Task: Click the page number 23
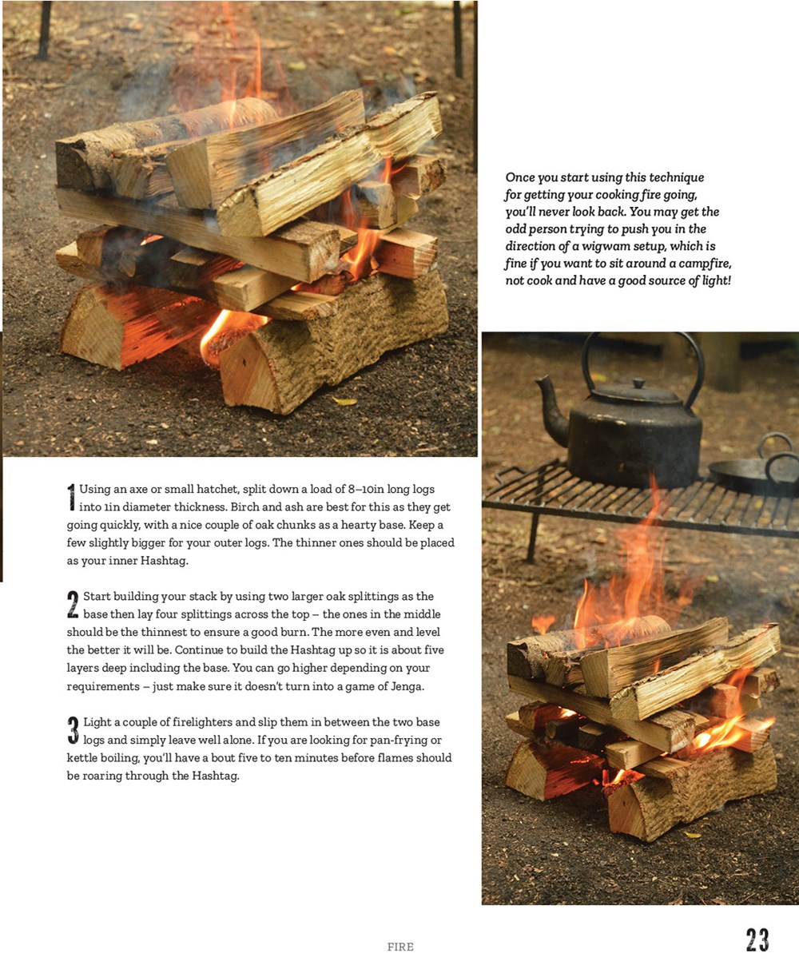tap(757, 939)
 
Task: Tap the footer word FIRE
tap(400, 947)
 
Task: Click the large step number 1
tap(71, 498)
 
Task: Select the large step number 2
tap(73, 605)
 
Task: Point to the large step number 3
tap(73, 731)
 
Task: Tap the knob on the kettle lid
tap(638, 383)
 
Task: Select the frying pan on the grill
tap(753, 473)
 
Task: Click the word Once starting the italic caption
tap(518, 177)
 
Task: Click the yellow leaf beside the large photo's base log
tap(345, 401)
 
